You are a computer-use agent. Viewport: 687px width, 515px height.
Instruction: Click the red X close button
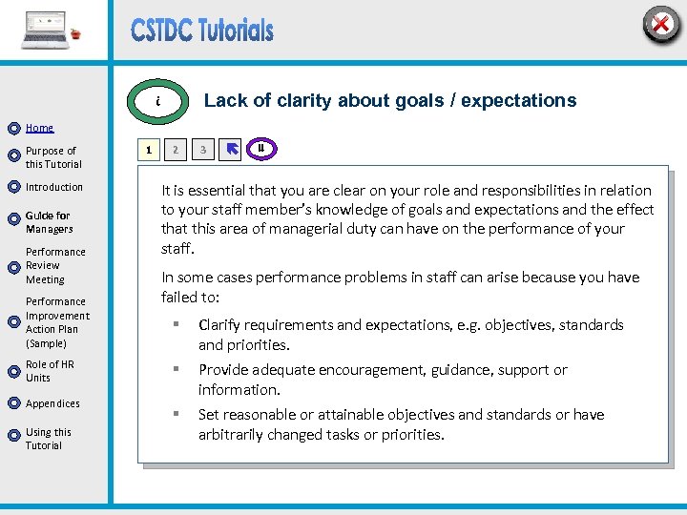[x=660, y=24]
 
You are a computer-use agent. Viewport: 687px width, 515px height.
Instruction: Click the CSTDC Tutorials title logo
[x=202, y=31]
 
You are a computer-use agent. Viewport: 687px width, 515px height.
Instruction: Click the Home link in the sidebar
[x=39, y=128]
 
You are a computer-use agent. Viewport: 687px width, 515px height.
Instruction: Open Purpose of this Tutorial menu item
[x=52, y=157]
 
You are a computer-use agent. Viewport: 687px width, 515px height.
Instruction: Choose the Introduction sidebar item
[x=54, y=187]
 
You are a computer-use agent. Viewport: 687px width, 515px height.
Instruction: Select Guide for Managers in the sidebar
[x=49, y=222]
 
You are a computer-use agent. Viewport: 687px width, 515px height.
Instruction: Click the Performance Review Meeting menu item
[x=54, y=266]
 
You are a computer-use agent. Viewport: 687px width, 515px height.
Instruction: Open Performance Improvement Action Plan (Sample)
[x=57, y=322]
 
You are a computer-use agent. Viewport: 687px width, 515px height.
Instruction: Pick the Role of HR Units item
[x=50, y=371]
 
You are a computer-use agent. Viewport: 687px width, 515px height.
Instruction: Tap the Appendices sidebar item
[x=52, y=403]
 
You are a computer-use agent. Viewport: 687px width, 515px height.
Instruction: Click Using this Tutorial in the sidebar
[x=48, y=439]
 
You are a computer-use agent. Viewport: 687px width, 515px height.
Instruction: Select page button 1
[x=148, y=150]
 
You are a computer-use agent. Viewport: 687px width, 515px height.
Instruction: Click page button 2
[x=175, y=150]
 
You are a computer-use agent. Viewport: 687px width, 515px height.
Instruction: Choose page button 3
[x=202, y=150]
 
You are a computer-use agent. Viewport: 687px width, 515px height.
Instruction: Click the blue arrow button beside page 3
[x=231, y=150]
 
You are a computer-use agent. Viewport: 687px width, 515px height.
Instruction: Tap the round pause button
[x=260, y=148]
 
